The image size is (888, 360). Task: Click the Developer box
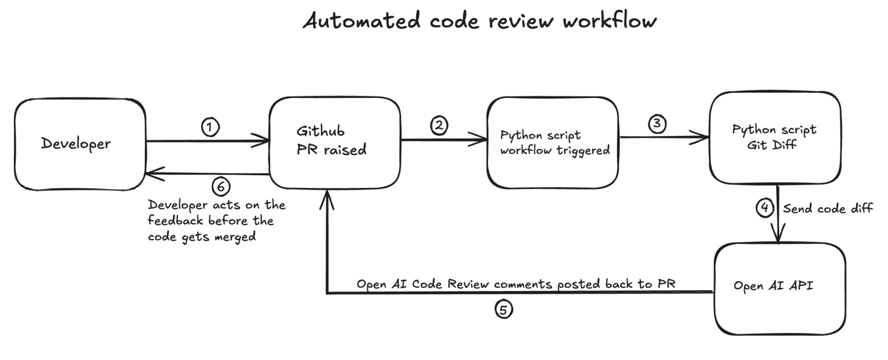80,144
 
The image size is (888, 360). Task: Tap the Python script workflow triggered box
553,143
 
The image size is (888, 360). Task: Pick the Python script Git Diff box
775,137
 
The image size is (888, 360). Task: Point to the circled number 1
210,127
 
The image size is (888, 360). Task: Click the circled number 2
439,126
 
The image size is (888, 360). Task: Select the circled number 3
657,124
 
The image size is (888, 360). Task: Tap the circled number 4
765,208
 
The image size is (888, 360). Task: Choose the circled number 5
504,309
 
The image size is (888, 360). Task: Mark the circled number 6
221,186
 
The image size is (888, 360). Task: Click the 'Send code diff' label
827,209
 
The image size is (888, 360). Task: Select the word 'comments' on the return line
523,284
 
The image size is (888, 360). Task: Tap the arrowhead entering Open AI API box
778,236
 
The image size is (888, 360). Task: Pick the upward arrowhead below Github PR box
327,199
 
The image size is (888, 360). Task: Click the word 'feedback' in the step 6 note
175,221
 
